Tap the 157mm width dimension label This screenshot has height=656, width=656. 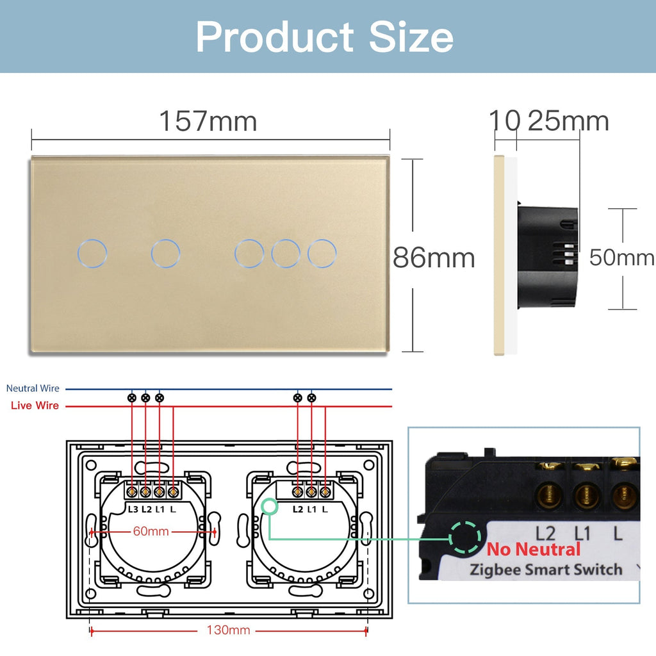click(x=208, y=121)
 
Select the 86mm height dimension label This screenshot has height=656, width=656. click(x=434, y=258)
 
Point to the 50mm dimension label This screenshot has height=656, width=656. click(x=621, y=258)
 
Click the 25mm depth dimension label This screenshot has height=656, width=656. click(x=568, y=121)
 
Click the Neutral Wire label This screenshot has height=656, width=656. click(x=33, y=388)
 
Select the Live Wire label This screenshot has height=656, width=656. click(x=35, y=406)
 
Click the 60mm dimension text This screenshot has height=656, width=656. click(x=151, y=531)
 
